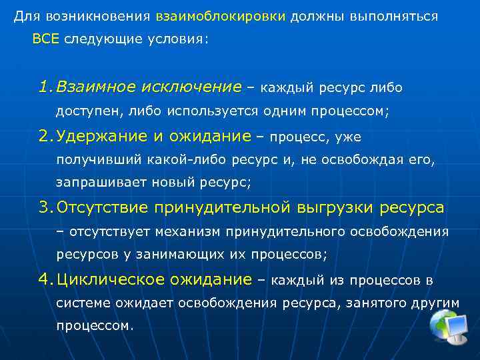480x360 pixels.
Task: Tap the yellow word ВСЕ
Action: click(x=45, y=39)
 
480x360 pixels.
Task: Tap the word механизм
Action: click(x=190, y=231)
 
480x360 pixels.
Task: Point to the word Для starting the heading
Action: click(x=24, y=16)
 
